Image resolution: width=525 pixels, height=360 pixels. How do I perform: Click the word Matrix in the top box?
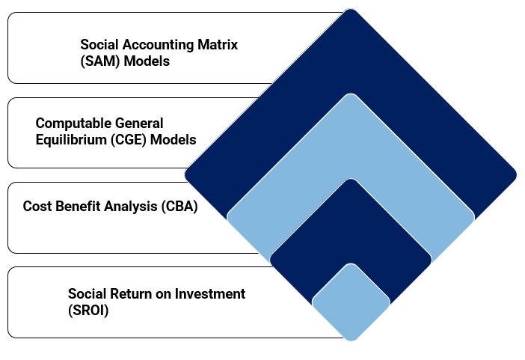tap(218, 45)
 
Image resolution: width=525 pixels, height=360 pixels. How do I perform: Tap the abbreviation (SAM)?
tap(100, 61)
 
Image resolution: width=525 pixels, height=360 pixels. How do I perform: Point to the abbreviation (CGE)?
tap(129, 140)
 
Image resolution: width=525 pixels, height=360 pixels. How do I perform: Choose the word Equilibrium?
tap(71, 140)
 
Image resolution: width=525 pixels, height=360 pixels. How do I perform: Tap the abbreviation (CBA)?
tap(179, 207)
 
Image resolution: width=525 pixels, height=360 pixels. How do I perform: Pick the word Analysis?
tap(131, 207)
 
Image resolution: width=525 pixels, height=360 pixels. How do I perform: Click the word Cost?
tap(37, 206)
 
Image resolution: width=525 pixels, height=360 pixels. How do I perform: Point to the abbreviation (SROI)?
tap(88, 311)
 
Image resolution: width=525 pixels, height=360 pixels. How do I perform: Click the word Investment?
tap(210, 294)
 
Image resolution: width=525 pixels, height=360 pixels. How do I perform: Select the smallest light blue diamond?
tap(351, 302)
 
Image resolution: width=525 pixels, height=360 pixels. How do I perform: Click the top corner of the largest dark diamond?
tap(351, 10)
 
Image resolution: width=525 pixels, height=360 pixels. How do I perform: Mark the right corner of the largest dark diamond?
tap(516, 175)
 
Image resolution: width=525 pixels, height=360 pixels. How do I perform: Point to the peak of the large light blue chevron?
tap(351, 94)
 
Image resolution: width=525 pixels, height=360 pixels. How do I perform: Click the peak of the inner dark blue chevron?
tap(351, 180)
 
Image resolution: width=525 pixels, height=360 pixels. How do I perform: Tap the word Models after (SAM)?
tap(147, 61)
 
